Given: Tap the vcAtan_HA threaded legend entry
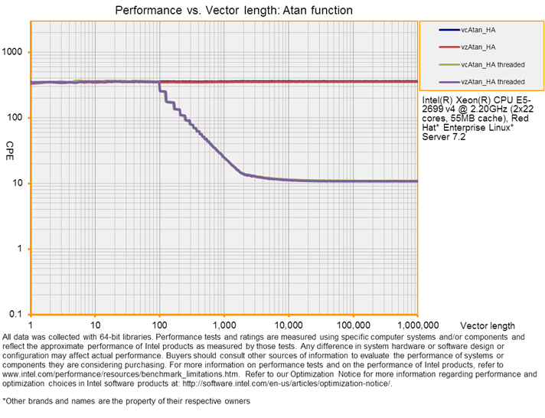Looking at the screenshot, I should (x=492, y=64).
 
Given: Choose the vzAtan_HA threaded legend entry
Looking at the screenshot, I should (x=492, y=81).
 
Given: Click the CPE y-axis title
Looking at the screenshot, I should (x=10, y=145).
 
